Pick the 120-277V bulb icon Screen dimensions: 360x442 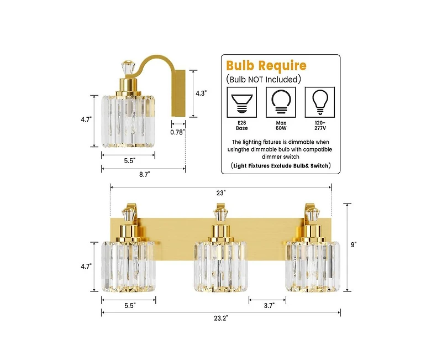319,101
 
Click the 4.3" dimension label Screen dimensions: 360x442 201,93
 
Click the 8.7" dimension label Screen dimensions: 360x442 145,174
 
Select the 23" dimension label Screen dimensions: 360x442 221,192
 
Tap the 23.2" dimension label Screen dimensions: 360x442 220,318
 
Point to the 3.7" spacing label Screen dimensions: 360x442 268,305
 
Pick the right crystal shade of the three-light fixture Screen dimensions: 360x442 312,267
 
